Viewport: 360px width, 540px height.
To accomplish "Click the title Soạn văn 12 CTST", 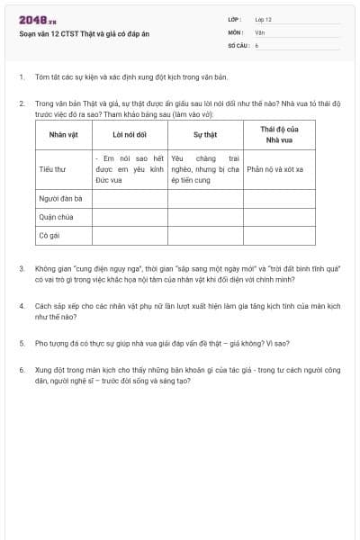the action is point(77,33).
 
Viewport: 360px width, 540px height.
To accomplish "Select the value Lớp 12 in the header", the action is point(263,19).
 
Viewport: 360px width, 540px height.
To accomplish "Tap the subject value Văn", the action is point(259,31).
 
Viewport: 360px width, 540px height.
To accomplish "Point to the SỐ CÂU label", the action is point(237,44).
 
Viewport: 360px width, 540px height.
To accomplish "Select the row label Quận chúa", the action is point(56,217).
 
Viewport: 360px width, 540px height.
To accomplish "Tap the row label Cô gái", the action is point(50,235).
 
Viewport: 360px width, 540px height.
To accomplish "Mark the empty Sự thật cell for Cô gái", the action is point(205,235).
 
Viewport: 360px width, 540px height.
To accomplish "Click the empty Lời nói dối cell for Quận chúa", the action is point(130,217).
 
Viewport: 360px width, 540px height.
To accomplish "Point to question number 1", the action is point(22,77).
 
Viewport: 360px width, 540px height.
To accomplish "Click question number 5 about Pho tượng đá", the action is point(22,343).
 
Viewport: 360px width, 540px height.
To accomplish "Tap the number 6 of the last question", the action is point(22,369).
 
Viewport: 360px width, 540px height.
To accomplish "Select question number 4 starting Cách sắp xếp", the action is point(22,306).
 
